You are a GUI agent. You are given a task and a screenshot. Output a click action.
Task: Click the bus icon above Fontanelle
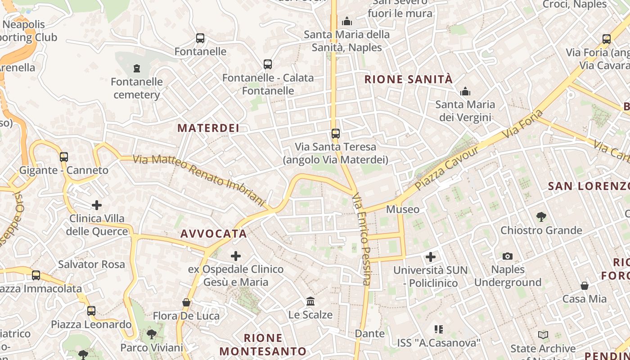click(x=200, y=38)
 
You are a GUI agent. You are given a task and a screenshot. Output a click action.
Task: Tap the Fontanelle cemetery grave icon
click(x=136, y=68)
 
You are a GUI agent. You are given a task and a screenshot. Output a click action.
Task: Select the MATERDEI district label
click(x=208, y=128)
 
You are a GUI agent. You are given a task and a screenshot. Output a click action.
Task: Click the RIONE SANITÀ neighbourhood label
click(x=408, y=80)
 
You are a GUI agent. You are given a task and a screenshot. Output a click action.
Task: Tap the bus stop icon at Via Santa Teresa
click(x=335, y=133)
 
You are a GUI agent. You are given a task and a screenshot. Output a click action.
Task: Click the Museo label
click(x=403, y=209)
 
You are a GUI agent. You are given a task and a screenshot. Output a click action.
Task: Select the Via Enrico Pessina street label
click(x=361, y=239)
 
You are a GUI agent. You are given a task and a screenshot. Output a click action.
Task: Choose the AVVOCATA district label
click(x=214, y=234)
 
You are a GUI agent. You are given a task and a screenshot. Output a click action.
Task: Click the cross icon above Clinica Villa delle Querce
click(x=97, y=205)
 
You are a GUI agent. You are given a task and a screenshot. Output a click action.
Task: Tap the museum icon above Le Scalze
click(x=310, y=301)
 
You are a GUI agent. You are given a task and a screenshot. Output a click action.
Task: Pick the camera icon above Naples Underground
click(x=508, y=256)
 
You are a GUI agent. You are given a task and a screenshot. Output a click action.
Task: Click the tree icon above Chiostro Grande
click(x=541, y=217)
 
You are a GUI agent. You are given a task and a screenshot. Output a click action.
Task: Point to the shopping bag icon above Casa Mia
click(x=584, y=285)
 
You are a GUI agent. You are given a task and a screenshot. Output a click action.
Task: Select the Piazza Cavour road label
click(x=447, y=168)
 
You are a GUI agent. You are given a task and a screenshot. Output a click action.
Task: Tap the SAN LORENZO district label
click(x=588, y=186)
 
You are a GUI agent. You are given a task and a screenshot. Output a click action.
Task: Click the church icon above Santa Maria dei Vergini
click(x=465, y=92)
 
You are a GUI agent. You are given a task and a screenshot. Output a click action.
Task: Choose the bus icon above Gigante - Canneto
click(x=64, y=157)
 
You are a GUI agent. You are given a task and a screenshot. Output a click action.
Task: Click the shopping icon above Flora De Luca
click(x=186, y=302)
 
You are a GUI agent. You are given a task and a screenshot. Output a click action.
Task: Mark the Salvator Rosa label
click(x=91, y=264)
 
